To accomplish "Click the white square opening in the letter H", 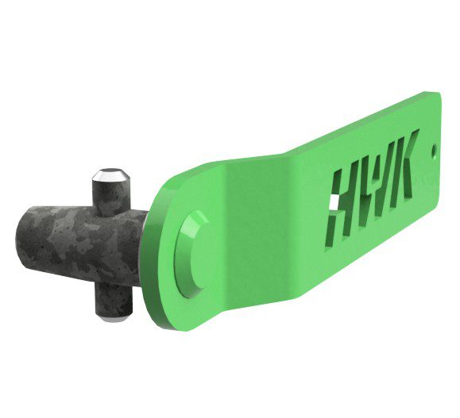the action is pyautogui.click(x=334, y=201).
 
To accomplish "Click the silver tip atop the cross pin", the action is pyautogui.click(x=110, y=174).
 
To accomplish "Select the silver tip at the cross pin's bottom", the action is pyautogui.click(x=114, y=318).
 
